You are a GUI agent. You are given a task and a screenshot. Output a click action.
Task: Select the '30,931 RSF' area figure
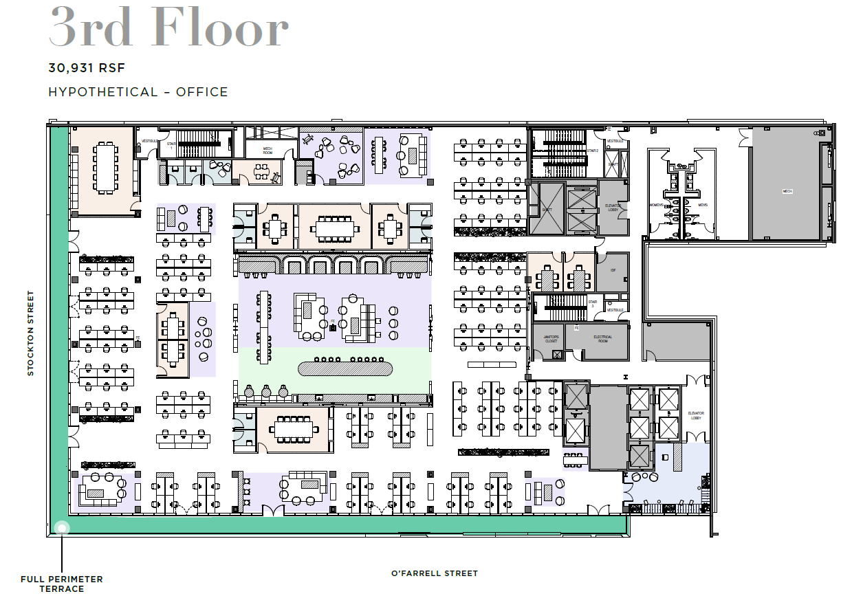(x=87, y=68)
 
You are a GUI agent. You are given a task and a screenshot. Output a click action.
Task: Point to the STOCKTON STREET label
(x=30, y=333)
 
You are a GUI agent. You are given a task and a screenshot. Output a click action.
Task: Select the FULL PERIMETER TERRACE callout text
(x=61, y=584)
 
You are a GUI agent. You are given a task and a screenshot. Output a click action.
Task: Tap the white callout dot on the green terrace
(x=62, y=528)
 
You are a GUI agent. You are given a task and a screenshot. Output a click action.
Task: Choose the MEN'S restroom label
(x=702, y=205)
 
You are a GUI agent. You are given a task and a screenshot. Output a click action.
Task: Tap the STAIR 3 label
(x=592, y=302)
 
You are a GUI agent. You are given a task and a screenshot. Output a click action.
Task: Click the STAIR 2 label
(x=593, y=150)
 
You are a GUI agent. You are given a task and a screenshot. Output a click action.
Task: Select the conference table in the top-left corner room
(x=106, y=167)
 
